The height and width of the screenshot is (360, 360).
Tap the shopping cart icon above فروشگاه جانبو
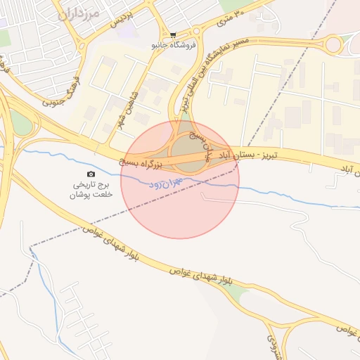(173, 34)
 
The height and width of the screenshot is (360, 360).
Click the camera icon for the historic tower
(90, 174)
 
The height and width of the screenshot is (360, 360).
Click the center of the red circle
(180, 179)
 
